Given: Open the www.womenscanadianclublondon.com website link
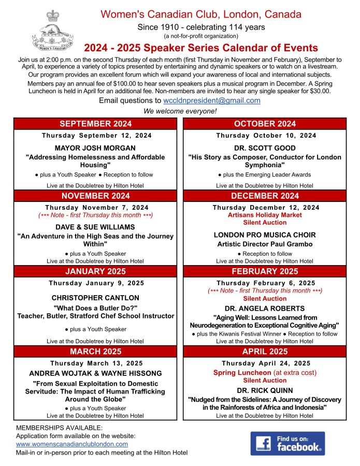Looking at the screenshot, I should (x=72, y=444).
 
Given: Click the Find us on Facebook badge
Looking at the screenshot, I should (x=287, y=443).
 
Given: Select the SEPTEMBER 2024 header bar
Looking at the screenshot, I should (x=95, y=124).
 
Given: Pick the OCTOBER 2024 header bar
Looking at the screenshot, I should (x=265, y=124).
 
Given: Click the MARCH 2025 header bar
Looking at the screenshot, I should (x=95, y=352).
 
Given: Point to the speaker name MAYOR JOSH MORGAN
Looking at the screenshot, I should (x=95, y=148).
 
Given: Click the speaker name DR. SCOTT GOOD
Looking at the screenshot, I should (x=265, y=148).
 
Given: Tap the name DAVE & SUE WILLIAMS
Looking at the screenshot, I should (x=95, y=227).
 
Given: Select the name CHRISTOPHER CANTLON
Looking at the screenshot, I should (x=95, y=298).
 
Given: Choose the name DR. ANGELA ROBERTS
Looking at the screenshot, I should (x=265, y=308).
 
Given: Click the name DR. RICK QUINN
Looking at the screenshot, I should (x=265, y=390).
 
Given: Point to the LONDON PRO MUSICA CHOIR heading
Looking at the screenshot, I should (x=265, y=235).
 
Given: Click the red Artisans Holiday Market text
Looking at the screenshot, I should (x=265, y=215).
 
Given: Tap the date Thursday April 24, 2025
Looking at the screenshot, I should (x=265, y=363).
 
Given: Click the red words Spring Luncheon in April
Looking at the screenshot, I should (x=242, y=373).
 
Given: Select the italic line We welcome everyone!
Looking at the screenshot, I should (x=180, y=111).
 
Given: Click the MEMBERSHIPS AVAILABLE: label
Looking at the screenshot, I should (x=60, y=428).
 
